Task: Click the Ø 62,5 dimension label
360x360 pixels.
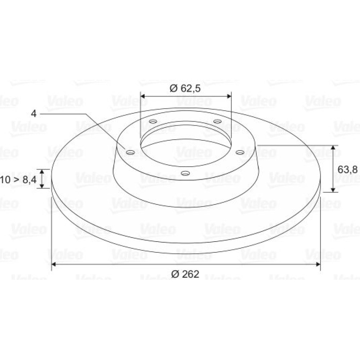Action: click(185, 88)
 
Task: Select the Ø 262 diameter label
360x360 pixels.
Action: click(185, 274)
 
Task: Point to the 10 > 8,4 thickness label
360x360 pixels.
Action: click(18, 180)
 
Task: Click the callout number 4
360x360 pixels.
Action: click(34, 114)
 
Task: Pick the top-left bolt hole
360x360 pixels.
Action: click(153, 121)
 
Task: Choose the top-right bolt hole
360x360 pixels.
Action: click(217, 121)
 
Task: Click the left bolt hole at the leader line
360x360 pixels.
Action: click(130, 152)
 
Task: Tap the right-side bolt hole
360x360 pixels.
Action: click(240, 152)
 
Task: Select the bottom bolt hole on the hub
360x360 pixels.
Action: click(185, 173)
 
